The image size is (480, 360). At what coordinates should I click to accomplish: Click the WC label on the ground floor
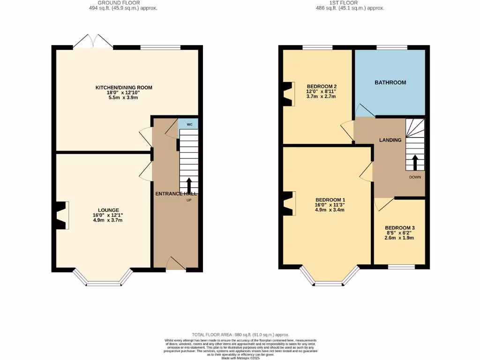point(189,125)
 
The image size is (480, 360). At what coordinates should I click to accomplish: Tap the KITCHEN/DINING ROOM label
point(124,88)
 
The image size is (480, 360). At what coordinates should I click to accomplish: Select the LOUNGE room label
point(108,210)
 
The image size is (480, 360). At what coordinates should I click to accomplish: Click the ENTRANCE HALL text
point(176,194)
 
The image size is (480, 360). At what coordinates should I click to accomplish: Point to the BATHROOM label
point(390,82)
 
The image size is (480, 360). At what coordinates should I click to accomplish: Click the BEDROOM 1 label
point(330,199)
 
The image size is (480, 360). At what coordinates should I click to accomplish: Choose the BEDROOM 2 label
point(322,86)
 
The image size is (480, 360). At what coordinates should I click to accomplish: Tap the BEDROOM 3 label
point(399,228)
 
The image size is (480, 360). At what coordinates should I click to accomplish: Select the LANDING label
point(390,140)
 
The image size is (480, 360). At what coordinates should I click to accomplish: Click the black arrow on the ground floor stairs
point(189,185)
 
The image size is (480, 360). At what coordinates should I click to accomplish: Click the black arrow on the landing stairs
point(415,162)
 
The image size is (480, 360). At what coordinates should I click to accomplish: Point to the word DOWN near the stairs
point(415,177)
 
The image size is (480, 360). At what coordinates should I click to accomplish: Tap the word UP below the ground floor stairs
point(189,200)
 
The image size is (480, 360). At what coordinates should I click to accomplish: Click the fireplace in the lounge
point(61,215)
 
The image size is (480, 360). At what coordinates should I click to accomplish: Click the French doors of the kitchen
point(93,42)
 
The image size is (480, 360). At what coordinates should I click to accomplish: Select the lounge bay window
point(103,280)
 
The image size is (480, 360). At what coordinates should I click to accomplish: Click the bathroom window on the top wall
point(392,47)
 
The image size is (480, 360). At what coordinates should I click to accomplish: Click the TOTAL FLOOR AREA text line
point(240,334)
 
